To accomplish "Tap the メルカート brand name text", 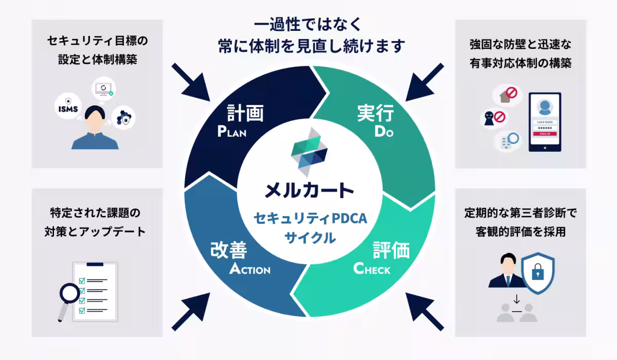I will (309, 190).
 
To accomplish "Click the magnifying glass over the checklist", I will (70, 295).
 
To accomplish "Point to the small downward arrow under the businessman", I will (516, 300).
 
